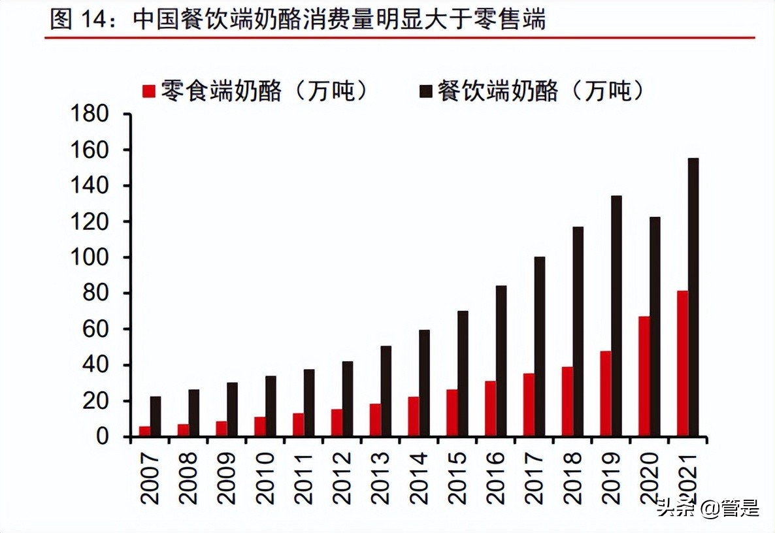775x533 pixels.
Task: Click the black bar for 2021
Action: (693, 297)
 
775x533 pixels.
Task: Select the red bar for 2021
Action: (682, 363)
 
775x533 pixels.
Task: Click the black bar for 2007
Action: (156, 416)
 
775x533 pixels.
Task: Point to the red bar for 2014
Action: (414, 416)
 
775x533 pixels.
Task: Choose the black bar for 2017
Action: (540, 346)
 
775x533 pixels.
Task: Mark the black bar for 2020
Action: (655, 326)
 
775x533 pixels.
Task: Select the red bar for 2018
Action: (567, 401)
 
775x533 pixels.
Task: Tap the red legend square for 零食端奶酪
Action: (149, 91)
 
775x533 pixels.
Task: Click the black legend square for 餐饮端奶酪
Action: (426, 91)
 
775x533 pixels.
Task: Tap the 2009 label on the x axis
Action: (227, 477)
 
